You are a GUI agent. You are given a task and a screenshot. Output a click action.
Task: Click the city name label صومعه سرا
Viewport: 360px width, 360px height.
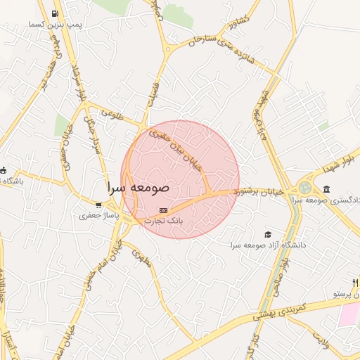coord(139,189)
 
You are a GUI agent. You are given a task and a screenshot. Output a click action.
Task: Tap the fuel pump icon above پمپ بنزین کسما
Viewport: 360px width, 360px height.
coord(56,13)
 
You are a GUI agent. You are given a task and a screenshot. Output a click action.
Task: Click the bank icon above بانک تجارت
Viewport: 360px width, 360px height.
coord(163,210)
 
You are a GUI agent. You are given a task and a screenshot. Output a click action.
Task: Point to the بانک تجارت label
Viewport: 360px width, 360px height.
coord(163,220)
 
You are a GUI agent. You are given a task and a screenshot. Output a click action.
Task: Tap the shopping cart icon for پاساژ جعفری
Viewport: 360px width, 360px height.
coord(98,205)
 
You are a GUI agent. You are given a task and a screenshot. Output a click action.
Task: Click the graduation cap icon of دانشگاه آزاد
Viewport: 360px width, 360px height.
coord(266,235)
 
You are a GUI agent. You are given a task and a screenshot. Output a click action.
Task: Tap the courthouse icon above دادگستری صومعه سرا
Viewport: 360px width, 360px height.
coord(327,189)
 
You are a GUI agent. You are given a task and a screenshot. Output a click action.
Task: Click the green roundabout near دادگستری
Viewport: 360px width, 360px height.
coord(304,188)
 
